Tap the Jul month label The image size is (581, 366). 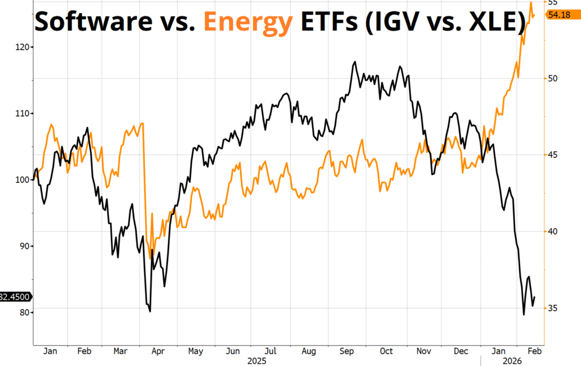pyautogui.click(x=270, y=351)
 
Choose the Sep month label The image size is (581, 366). pyautogui.click(x=347, y=351)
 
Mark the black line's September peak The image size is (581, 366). pyautogui.click(x=355, y=62)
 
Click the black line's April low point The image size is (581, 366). pyautogui.click(x=150, y=311)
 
